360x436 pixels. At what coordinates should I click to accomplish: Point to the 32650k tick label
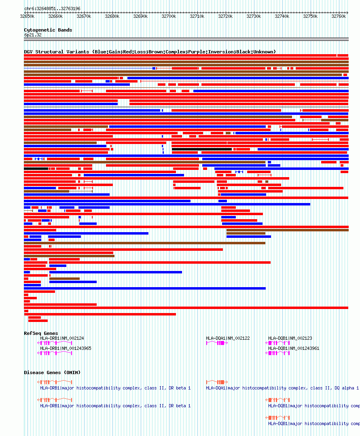(x=27, y=16)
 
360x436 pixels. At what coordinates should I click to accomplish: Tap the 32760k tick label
(x=339, y=16)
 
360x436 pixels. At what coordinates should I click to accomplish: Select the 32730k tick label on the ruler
(x=254, y=16)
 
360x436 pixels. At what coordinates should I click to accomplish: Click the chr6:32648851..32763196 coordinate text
(x=52, y=8)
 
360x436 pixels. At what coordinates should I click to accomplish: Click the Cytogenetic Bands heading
(x=48, y=30)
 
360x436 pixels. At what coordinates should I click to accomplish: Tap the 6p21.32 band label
(x=33, y=35)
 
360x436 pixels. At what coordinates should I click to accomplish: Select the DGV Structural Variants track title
(x=150, y=52)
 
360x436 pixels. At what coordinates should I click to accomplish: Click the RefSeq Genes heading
(x=41, y=333)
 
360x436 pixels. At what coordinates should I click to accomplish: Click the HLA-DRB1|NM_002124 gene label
(x=62, y=338)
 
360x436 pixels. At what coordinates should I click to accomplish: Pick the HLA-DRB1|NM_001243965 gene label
(x=66, y=348)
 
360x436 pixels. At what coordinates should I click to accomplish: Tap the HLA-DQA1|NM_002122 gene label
(x=228, y=338)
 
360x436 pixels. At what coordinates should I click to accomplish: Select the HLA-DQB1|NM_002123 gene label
(x=290, y=338)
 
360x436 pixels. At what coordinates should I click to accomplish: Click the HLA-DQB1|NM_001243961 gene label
(x=294, y=348)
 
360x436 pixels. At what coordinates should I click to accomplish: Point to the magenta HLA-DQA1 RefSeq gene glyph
(x=217, y=343)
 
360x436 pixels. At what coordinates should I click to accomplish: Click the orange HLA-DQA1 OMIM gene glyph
(x=217, y=382)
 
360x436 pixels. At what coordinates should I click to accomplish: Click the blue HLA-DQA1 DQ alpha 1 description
(x=282, y=388)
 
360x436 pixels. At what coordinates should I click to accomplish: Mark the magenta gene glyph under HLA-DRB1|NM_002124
(x=55, y=343)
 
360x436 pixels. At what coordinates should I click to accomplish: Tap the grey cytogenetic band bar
(x=186, y=39)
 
